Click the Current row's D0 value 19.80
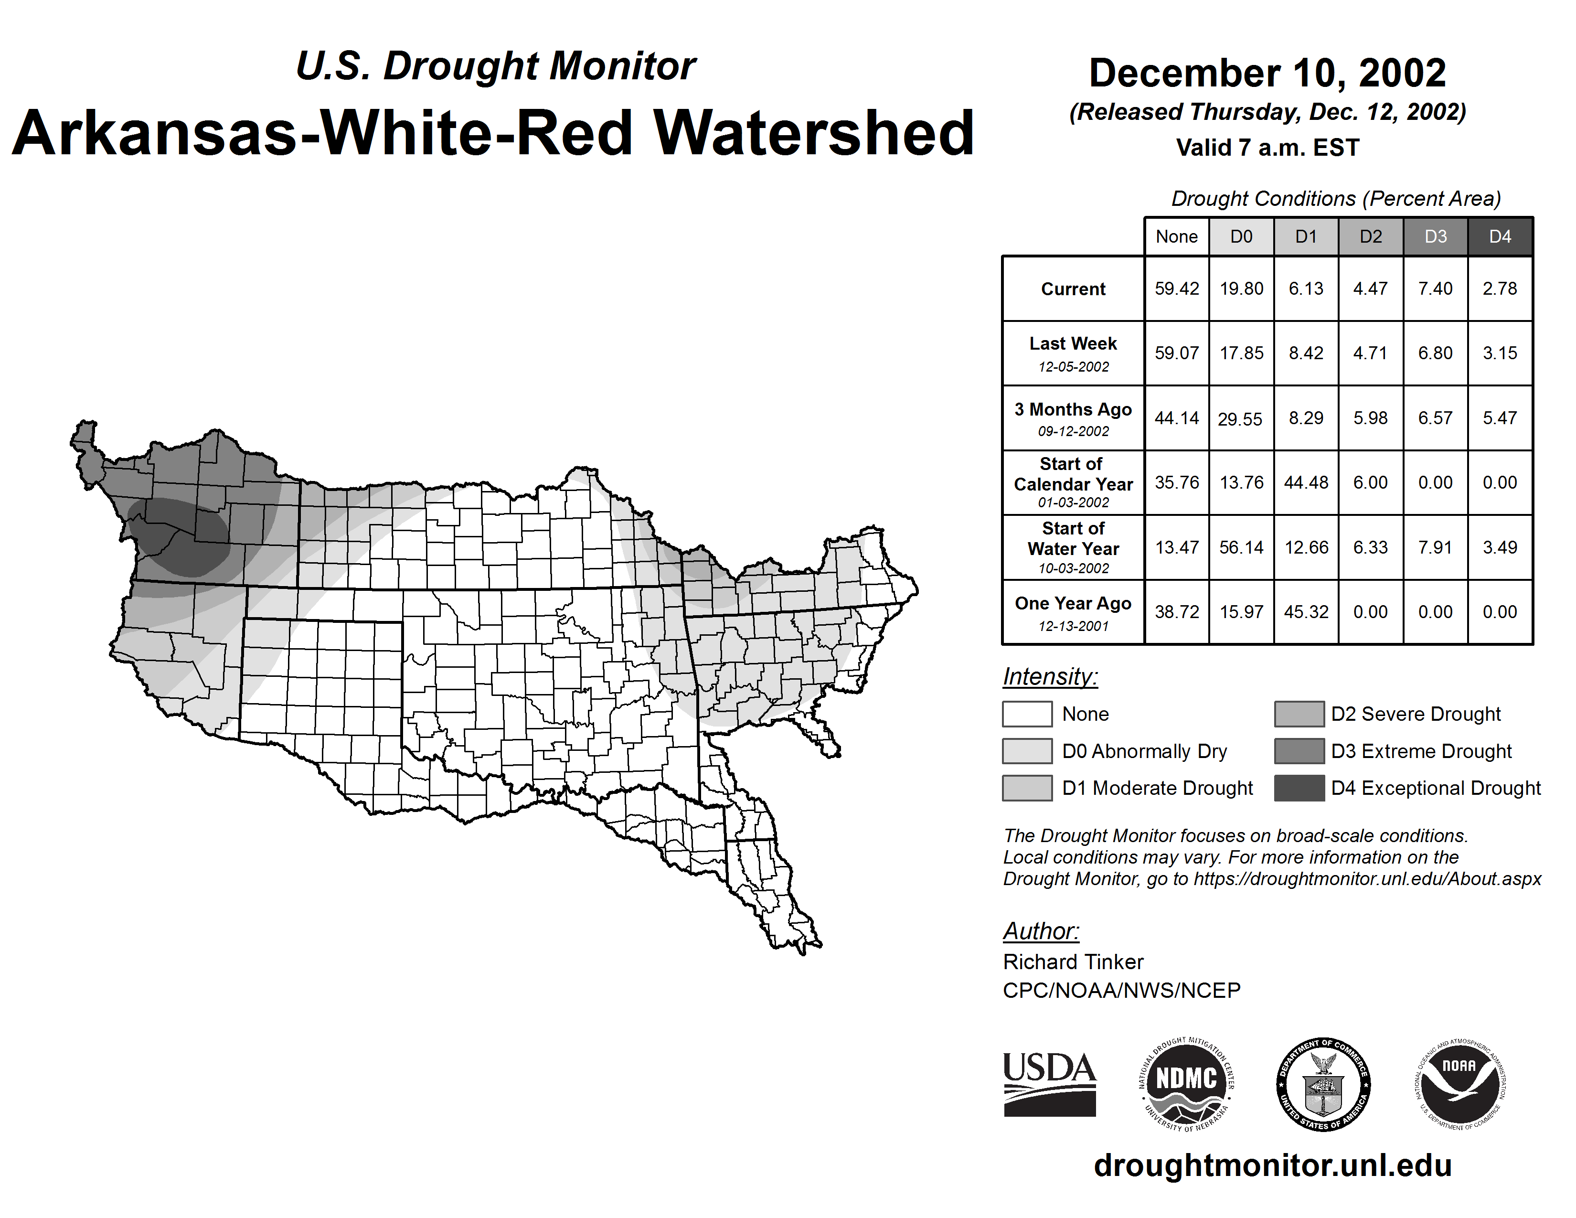(x=1241, y=288)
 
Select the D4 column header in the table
(x=1500, y=236)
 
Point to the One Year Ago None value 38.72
(x=1176, y=612)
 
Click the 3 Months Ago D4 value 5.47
(x=1500, y=418)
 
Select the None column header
(x=1176, y=236)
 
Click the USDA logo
(x=1049, y=1084)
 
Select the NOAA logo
(x=1459, y=1084)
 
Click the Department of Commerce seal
(x=1323, y=1084)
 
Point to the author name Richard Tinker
(x=1073, y=962)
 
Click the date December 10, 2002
(x=1267, y=73)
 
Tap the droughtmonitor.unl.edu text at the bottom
(x=1273, y=1166)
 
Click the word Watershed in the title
(x=813, y=133)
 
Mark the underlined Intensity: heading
(x=1050, y=677)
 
